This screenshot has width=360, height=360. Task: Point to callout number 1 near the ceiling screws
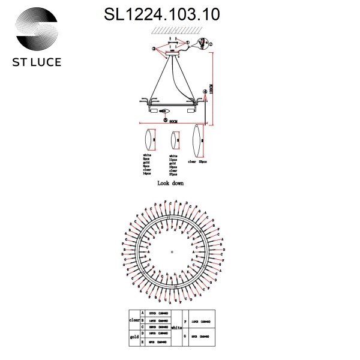pos(187,43)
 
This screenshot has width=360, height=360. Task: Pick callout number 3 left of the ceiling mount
pos(154,47)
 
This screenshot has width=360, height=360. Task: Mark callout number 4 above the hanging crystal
pos(205,91)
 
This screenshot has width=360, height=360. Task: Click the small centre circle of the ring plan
pos(172,251)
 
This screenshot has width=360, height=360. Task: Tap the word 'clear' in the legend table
pos(134,320)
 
